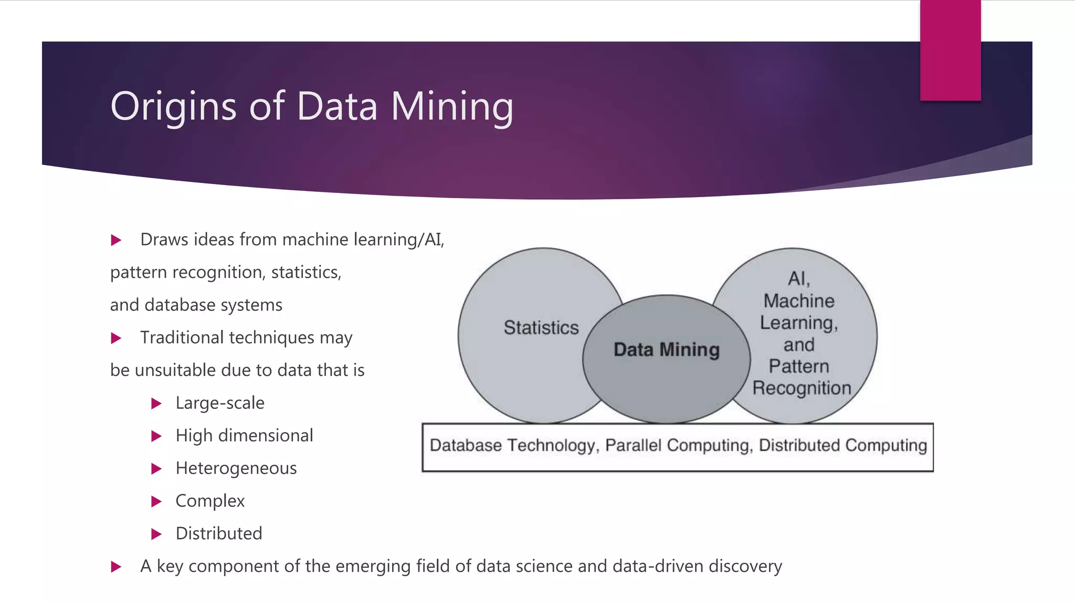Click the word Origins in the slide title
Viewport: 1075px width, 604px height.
pyautogui.click(x=173, y=107)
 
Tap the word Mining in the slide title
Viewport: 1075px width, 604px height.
pyautogui.click(x=452, y=107)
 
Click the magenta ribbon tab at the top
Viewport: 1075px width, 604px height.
pyautogui.click(x=950, y=50)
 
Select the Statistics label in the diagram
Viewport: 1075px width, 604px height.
pyautogui.click(x=541, y=328)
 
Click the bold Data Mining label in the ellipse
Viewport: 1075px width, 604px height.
pyautogui.click(x=667, y=350)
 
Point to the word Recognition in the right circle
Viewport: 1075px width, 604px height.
pyautogui.click(x=802, y=389)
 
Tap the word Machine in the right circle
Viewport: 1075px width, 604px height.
pyautogui.click(x=799, y=301)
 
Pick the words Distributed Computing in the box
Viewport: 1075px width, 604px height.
pyautogui.click(x=843, y=446)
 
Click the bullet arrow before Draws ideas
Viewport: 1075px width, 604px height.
pyautogui.click(x=117, y=240)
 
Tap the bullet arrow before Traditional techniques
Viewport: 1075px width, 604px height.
pyautogui.click(x=117, y=338)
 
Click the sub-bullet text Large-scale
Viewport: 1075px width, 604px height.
pyautogui.click(x=220, y=403)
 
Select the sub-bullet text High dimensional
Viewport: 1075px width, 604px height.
pyautogui.click(x=244, y=436)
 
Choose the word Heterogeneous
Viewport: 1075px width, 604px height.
pyautogui.click(x=236, y=468)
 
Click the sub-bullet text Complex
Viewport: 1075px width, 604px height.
pyautogui.click(x=210, y=501)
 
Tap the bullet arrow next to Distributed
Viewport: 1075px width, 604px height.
pyautogui.click(x=156, y=534)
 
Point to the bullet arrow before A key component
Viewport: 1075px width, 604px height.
pyautogui.click(x=117, y=567)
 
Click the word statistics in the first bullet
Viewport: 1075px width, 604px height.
pyautogui.click(x=306, y=273)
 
